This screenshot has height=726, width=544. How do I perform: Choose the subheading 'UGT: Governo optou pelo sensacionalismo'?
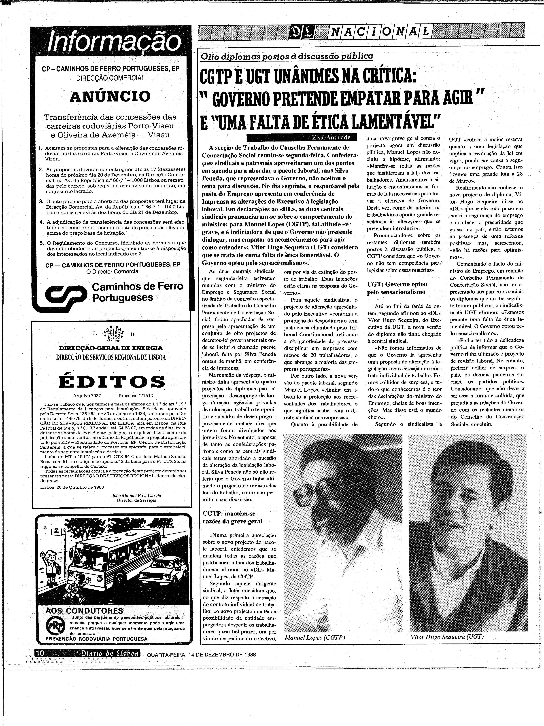click(397, 288)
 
